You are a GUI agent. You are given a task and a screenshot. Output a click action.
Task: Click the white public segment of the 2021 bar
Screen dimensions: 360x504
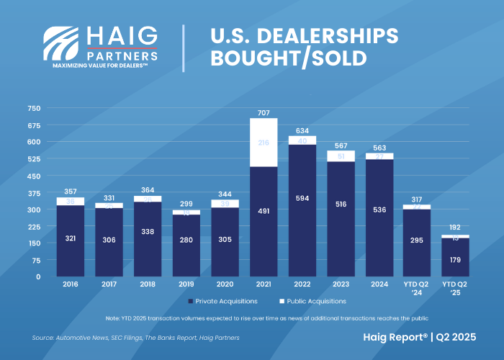[x=263, y=143]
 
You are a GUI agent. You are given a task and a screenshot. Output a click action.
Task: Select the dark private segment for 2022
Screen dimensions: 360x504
[x=302, y=238]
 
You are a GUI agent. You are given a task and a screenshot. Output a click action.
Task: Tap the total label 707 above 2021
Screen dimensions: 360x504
[x=263, y=113]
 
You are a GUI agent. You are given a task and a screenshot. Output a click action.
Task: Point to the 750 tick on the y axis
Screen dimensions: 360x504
[x=34, y=108]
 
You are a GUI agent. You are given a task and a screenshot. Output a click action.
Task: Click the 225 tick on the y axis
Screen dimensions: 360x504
[x=34, y=226]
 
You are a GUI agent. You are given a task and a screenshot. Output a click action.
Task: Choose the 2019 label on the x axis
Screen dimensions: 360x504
[x=186, y=285]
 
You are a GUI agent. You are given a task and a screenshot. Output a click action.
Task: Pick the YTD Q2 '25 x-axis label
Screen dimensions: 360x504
[x=454, y=289]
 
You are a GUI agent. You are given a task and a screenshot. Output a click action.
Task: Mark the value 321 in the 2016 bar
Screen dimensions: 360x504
[x=70, y=237]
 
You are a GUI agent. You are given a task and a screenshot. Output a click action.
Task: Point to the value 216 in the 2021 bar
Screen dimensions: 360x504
[x=263, y=143]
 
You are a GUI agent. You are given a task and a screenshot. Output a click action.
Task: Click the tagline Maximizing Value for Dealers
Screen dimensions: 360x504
[x=100, y=66]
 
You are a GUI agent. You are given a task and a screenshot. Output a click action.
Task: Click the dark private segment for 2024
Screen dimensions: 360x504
[x=379, y=238]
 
